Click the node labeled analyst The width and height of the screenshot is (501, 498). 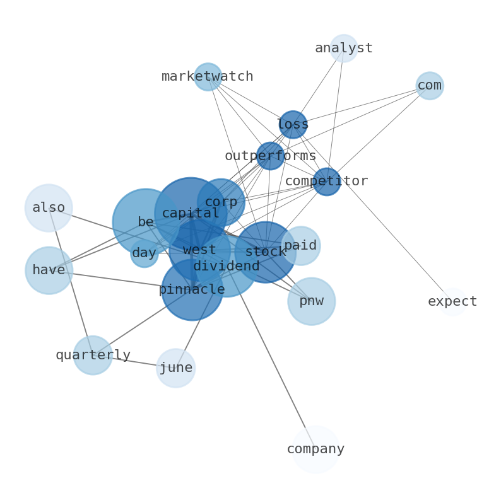coord(343,49)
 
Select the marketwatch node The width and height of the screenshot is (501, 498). coord(208,77)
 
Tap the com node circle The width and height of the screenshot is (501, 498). coord(430,86)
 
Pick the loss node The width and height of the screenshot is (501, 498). coord(293,125)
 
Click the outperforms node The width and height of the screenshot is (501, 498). coord(270,156)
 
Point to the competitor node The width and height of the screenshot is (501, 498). coord(327,182)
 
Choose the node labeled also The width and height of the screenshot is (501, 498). coord(49,208)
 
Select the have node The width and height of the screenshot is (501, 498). coord(49,270)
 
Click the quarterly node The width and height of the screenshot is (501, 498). coord(93,356)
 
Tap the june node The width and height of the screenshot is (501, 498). coord(175,368)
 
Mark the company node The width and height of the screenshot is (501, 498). coord(315,449)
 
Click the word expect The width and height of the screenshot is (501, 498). coord(452,302)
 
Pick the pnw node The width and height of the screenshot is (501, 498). coord(311,301)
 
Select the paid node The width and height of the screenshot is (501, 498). coord(300,246)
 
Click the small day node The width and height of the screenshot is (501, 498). coord(144,253)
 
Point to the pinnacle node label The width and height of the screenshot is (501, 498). coord(192,290)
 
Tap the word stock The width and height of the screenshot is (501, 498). coord(265,252)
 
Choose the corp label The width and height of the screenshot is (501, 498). coord(221,202)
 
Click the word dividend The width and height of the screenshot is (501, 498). coord(226,267)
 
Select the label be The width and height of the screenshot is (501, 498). coord(145,222)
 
